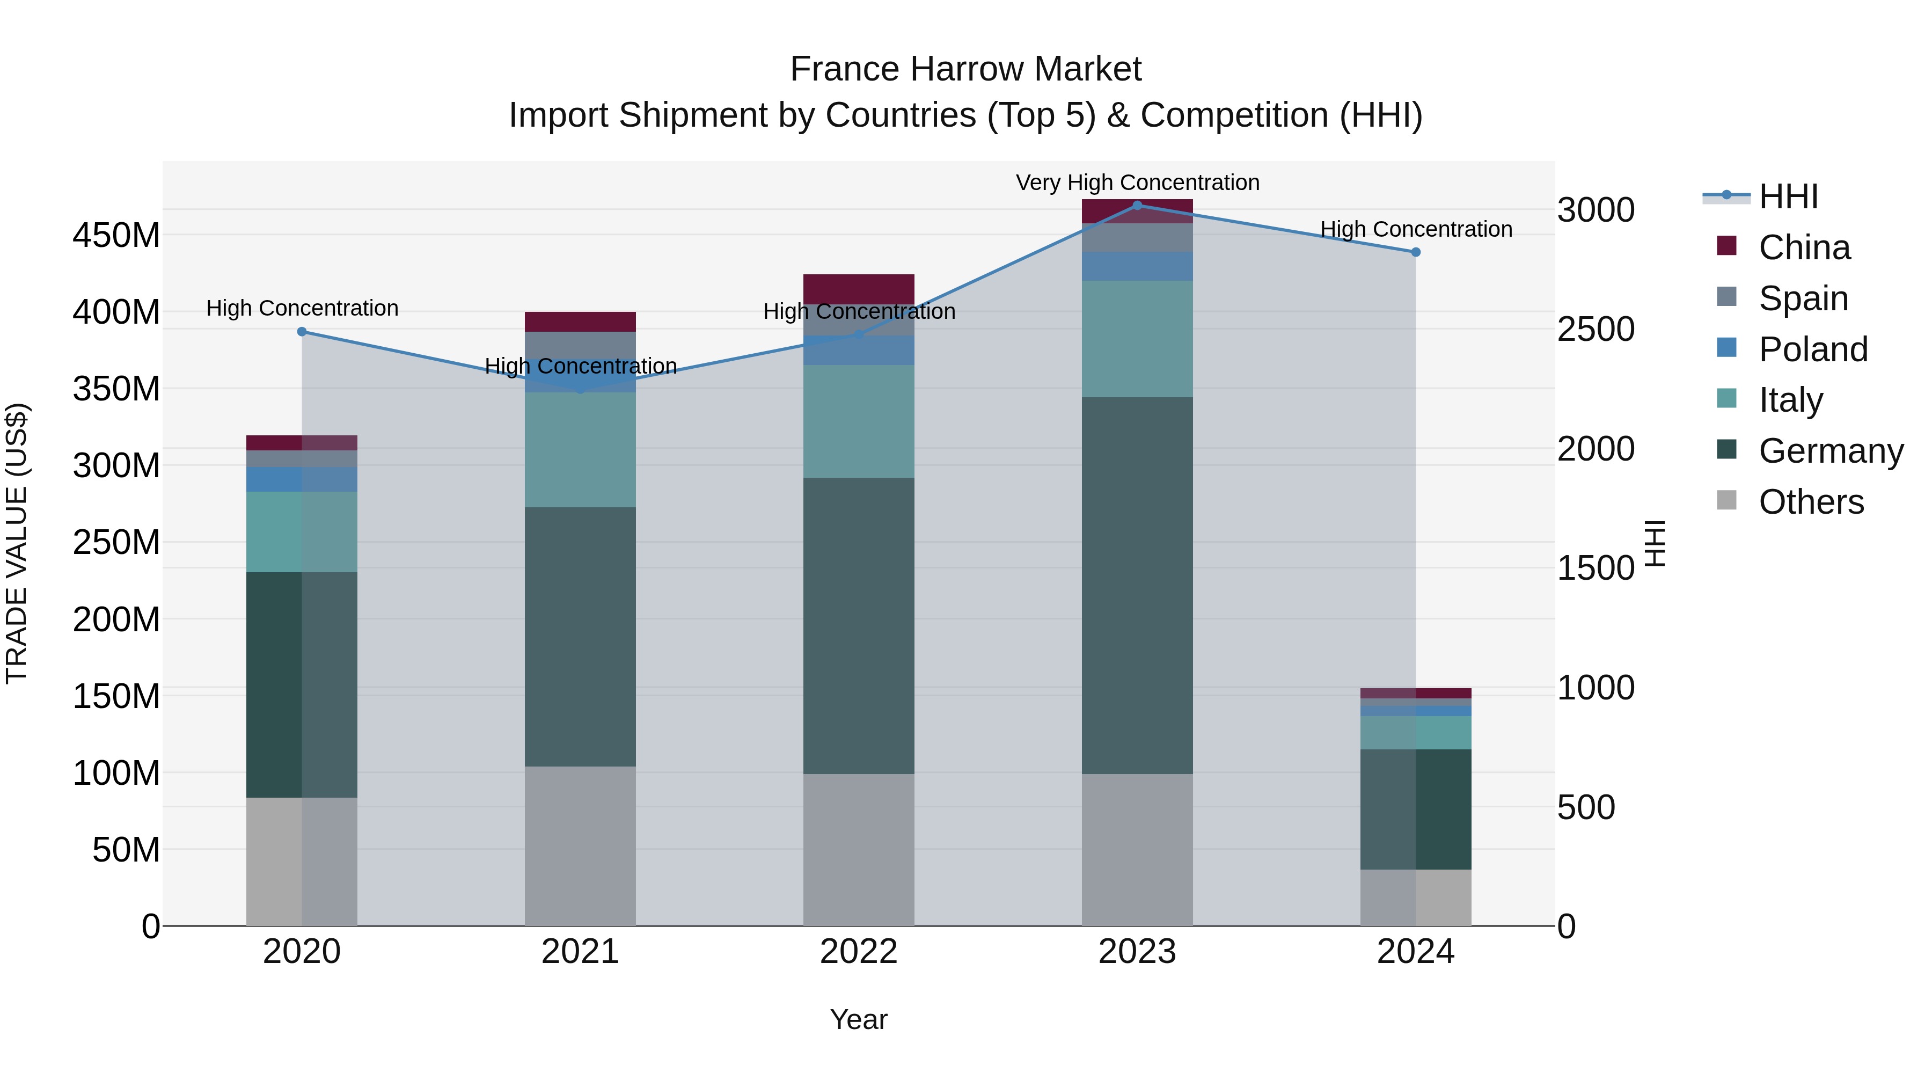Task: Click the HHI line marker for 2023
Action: pyautogui.click(x=1137, y=205)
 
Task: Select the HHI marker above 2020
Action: pyautogui.click(x=302, y=332)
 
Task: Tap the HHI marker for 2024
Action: pyautogui.click(x=1415, y=252)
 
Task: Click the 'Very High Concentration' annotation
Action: pyautogui.click(x=1137, y=183)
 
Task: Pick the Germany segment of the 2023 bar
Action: pyautogui.click(x=1137, y=585)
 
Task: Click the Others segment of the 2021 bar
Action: pyautogui.click(x=580, y=845)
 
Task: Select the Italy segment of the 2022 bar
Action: pyautogui.click(x=859, y=421)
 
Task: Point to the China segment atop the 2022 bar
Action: pyautogui.click(x=859, y=289)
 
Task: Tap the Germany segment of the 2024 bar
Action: pyautogui.click(x=1415, y=809)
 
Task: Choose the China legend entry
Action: pyautogui.click(x=1804, y=247)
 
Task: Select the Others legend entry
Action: pyautogui.click(x=1811, y=502)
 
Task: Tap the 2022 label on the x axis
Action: pyautogui.click(x=859, y=952)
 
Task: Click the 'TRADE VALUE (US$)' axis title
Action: pyautogui.click(x=17, y=543)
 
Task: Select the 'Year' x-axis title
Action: pyautogui.click(x=859, y=1019)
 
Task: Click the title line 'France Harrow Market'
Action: pyautogui.click(x=965, y=69)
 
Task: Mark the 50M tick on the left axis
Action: pyautogui.click(x=125, y=850)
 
